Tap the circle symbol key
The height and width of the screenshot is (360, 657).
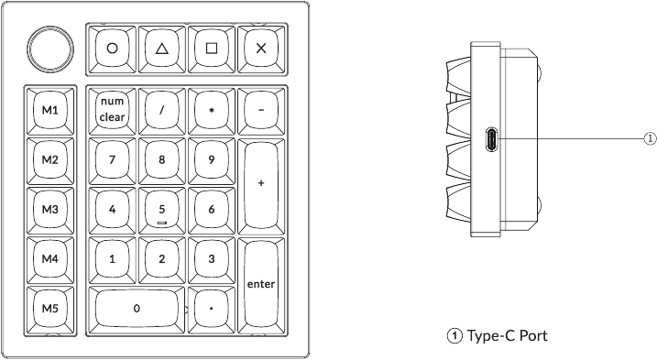pos(112,48)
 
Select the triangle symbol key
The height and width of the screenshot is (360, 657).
pos(162,48)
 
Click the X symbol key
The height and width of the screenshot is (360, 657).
pos(261,48)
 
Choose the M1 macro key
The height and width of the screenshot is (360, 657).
pos(49,110)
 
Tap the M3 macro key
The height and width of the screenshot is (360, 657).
pos(49,209)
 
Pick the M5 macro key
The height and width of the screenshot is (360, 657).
pos(49,308)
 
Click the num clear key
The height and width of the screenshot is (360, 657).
pos(112,110)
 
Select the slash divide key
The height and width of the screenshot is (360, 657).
pos(162,110)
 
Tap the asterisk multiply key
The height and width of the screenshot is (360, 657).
pos(212,110)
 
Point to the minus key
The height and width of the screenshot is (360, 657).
pos(261,110)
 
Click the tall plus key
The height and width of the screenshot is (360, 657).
pos(261,183)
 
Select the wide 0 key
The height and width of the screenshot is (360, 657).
pos(137,308)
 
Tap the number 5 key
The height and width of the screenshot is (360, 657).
pos(162,209)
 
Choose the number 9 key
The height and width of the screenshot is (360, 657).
pos(212,159)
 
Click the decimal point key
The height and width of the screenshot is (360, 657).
pos(212,308)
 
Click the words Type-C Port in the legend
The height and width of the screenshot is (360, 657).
pos(507,336)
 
